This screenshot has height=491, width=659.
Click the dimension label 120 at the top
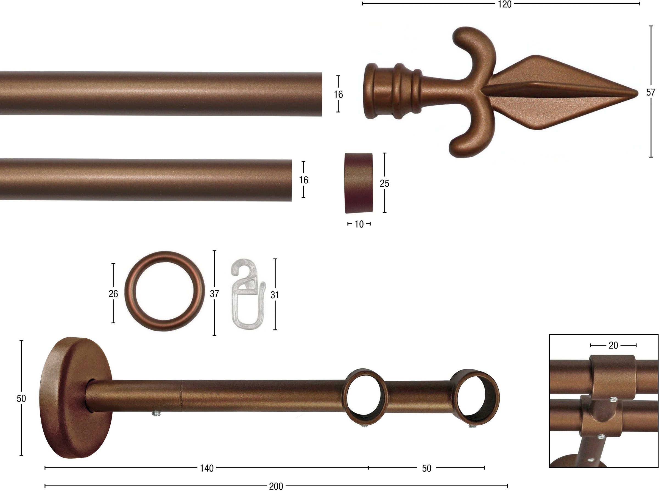click(505, 4)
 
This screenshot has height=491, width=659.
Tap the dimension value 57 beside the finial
click(650, 92)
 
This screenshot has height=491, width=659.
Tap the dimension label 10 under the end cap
click(359, 224)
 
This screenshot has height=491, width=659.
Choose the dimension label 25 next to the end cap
click(384, 184)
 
